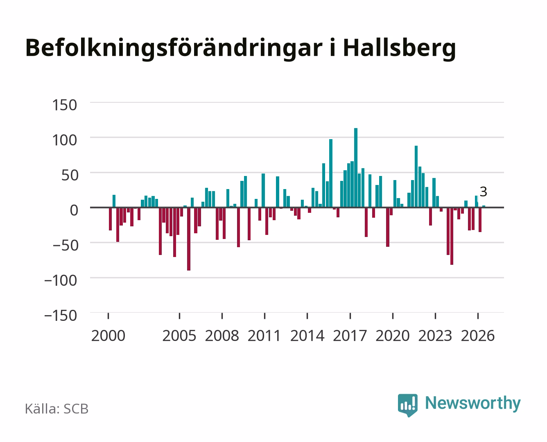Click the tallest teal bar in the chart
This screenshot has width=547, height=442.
(x=356, y=168)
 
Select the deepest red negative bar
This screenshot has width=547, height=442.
(x=189, y=239)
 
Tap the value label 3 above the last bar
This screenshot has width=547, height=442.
(x=483, y=192)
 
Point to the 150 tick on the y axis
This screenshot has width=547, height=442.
(x=64, y=105)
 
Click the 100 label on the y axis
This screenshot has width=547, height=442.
(x=64, y=140)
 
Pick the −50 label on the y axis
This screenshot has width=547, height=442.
(x=66, y=246)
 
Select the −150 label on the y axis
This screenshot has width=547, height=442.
(x=61, y=316)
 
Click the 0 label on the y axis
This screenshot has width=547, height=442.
(x=74, y=210)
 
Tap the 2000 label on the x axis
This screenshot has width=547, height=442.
(x=108, y=336)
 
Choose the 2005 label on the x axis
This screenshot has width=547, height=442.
(x=179, y=336)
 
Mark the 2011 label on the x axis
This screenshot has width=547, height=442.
(x=264, y=336)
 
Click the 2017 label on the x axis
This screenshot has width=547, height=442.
(x=350, y=336)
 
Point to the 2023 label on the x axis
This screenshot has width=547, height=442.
(x=435, y=336)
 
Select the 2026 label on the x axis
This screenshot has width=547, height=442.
(x=478, y=336)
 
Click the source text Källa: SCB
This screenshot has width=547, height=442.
(x=57, y=409)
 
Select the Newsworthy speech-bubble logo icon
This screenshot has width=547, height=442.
(x=407, y=405)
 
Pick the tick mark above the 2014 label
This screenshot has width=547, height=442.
(x=307, y=316)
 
